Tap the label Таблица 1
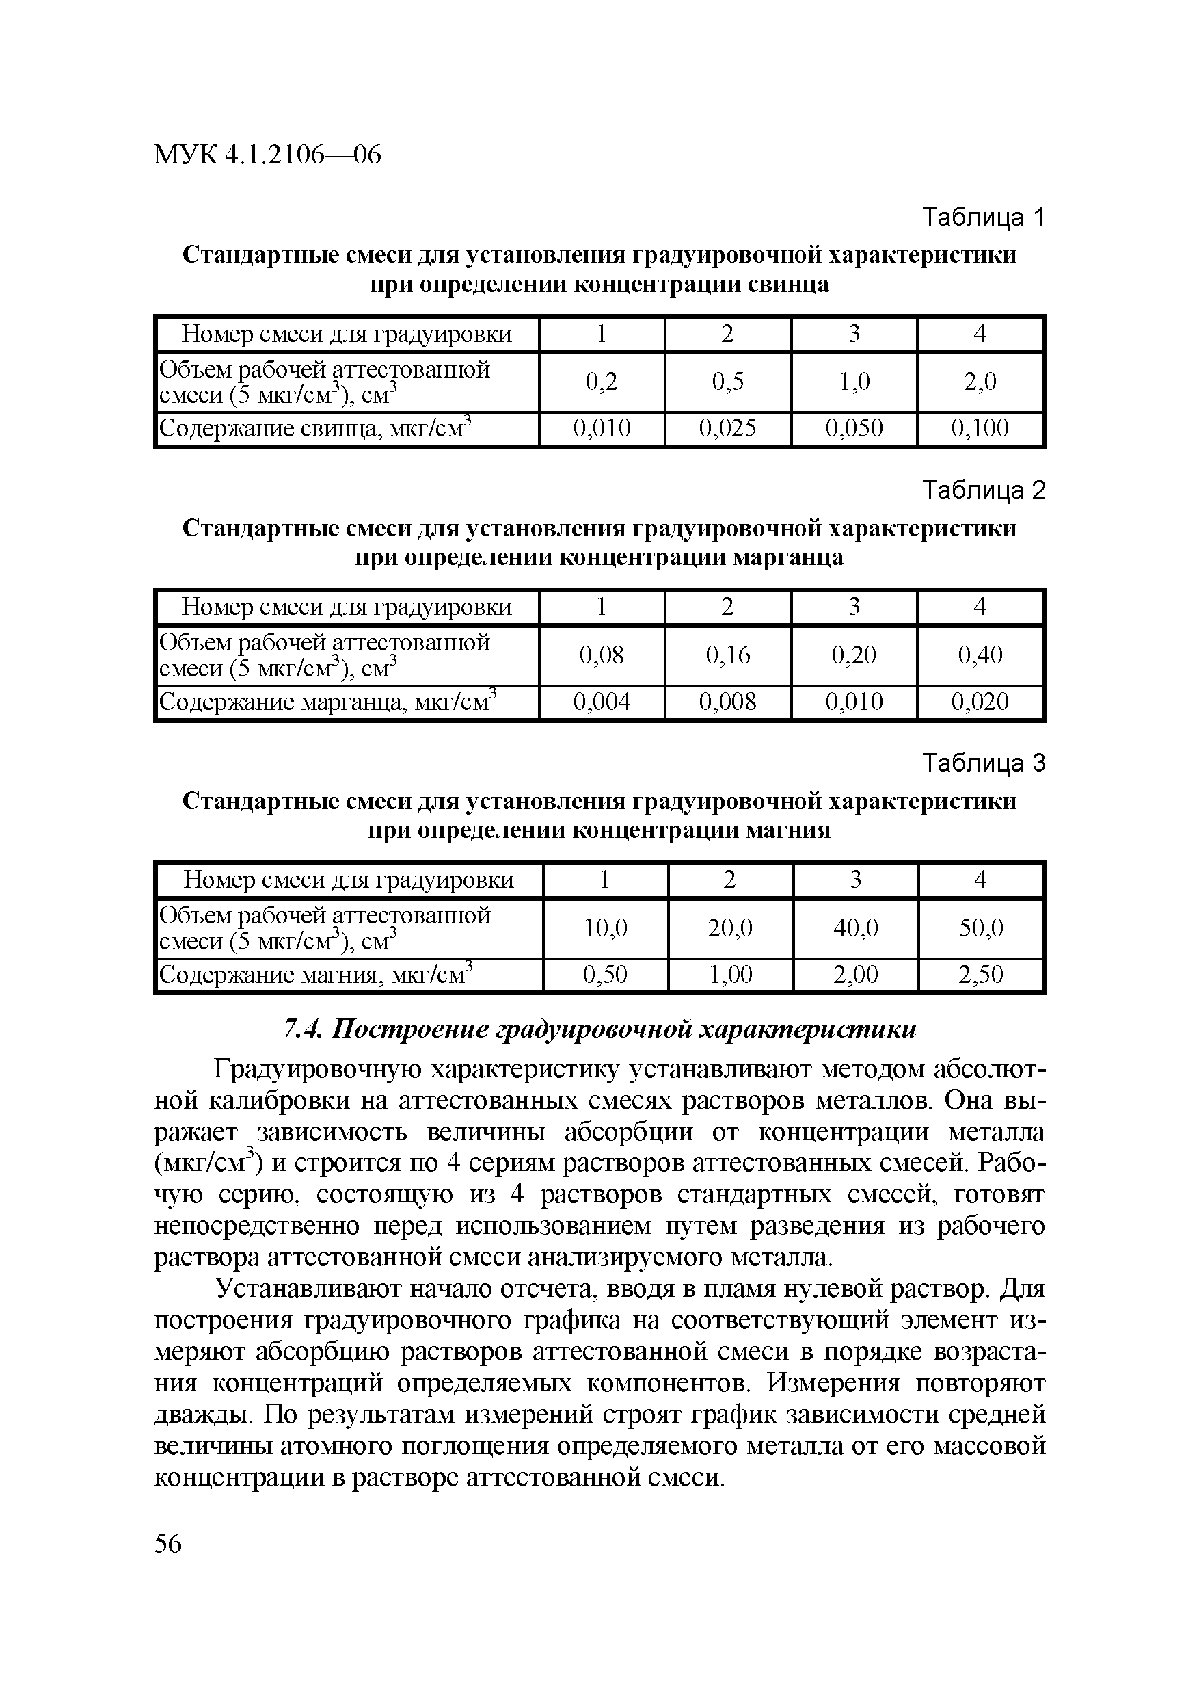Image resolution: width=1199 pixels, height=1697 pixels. pyautogui.click(x=983, y=218)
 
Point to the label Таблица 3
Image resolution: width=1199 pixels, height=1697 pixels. pyautogui.click(x=983, y=763)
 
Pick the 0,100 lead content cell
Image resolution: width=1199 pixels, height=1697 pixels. pyautogui.click(x=979, y=428)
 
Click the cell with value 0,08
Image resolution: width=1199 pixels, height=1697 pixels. pyautogui.click(x=602, y=655)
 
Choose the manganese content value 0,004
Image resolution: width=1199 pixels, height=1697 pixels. pyautogui.click(x=602, y=701)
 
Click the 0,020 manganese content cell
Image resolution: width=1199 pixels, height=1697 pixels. pyautogui.click(x=979, y=701)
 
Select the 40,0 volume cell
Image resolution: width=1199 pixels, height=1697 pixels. pyautogui.click(x=855, y=928)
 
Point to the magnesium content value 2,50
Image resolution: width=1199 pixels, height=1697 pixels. pyautogui.click(x=980, y=974)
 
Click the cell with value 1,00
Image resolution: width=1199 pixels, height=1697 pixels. pyautogui.click(x=730, y=974)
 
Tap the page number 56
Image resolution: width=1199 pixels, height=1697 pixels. pyautogui.click(x=168, y=1544)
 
